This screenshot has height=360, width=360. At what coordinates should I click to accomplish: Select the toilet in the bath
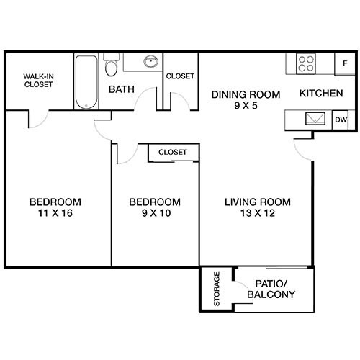point(111,68)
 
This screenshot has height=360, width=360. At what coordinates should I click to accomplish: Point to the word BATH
point(121,90)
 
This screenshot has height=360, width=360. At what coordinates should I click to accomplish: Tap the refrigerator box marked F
point(344,63)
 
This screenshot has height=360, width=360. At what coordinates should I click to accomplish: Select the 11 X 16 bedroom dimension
point(55,213)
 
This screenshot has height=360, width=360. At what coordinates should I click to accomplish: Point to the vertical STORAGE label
point(217,289)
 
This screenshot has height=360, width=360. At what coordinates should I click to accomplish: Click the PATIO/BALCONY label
point(270,289)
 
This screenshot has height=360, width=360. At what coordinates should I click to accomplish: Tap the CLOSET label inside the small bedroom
point(173,153)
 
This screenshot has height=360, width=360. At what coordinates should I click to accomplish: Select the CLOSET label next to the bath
point(180,76)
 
